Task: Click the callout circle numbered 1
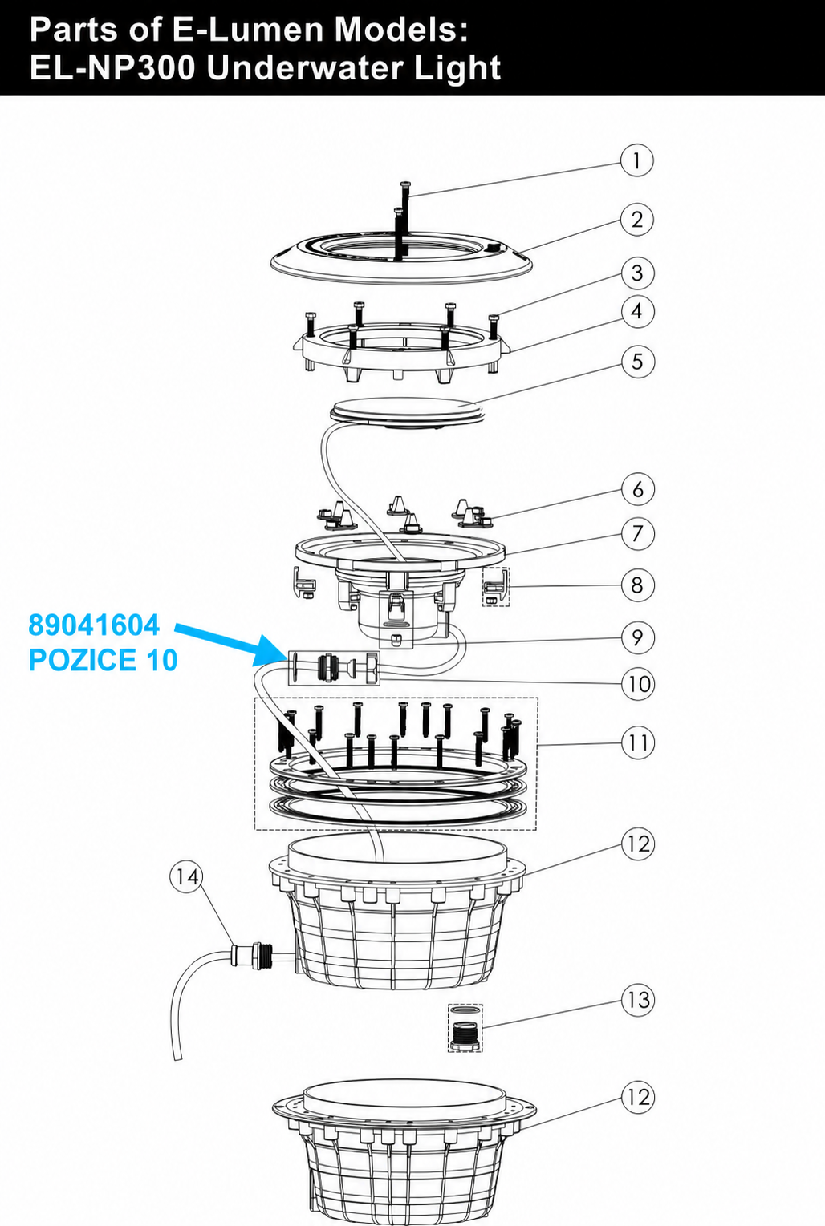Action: [636, 161]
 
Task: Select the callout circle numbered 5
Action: [638, 362]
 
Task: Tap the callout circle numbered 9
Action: [638, 637]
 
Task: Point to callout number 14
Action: [187, 876]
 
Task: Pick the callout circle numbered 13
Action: [638, 1000]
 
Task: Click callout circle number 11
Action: [638, 742]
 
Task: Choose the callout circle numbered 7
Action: [638, 534]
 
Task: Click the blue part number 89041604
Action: [94, 625]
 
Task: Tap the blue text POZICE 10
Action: [103, 660]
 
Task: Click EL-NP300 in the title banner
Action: [113, 68]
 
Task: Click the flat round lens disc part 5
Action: [407, 411]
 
